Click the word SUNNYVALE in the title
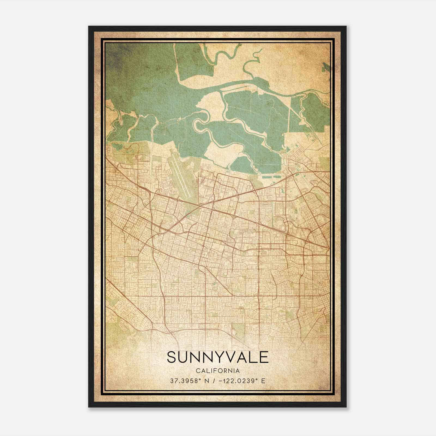(218, 357)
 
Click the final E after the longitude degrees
(263, 381)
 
